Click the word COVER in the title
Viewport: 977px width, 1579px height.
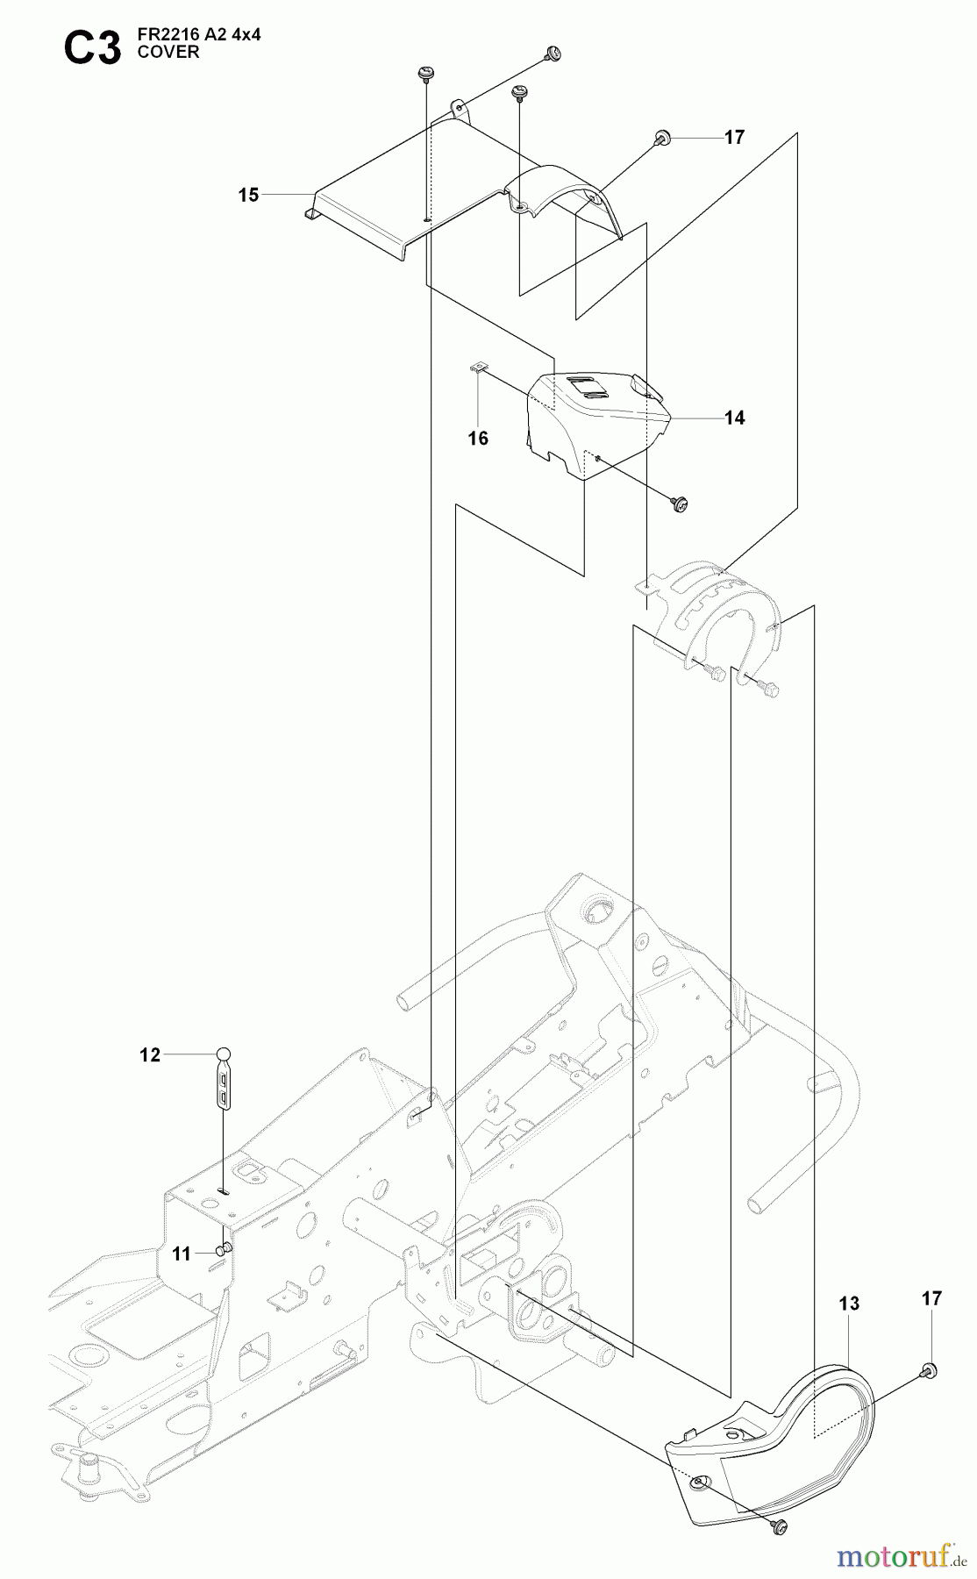[x=168, y=53]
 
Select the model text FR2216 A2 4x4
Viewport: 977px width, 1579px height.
[x=199, y=35]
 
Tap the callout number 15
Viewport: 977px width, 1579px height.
[x=249, y=195]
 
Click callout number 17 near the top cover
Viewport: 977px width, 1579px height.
[x=734, y=138]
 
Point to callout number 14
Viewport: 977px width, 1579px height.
[x=734, y=418]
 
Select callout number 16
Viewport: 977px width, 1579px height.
[x=478, y=439]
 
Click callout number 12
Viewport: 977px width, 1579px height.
[x=151, y=1055]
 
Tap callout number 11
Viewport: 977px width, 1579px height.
[x=181, y=1254]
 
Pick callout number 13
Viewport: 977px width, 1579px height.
[x=849, y=1304]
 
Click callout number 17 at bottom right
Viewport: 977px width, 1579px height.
[x=931, y=1298]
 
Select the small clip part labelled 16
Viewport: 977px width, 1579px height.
[x=477, y=368]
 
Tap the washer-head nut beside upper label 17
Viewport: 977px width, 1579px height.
[x=662, y=138]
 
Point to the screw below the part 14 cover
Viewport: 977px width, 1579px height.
[x=679, y=504]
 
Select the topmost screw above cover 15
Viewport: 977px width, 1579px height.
[x=553, y=54]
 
